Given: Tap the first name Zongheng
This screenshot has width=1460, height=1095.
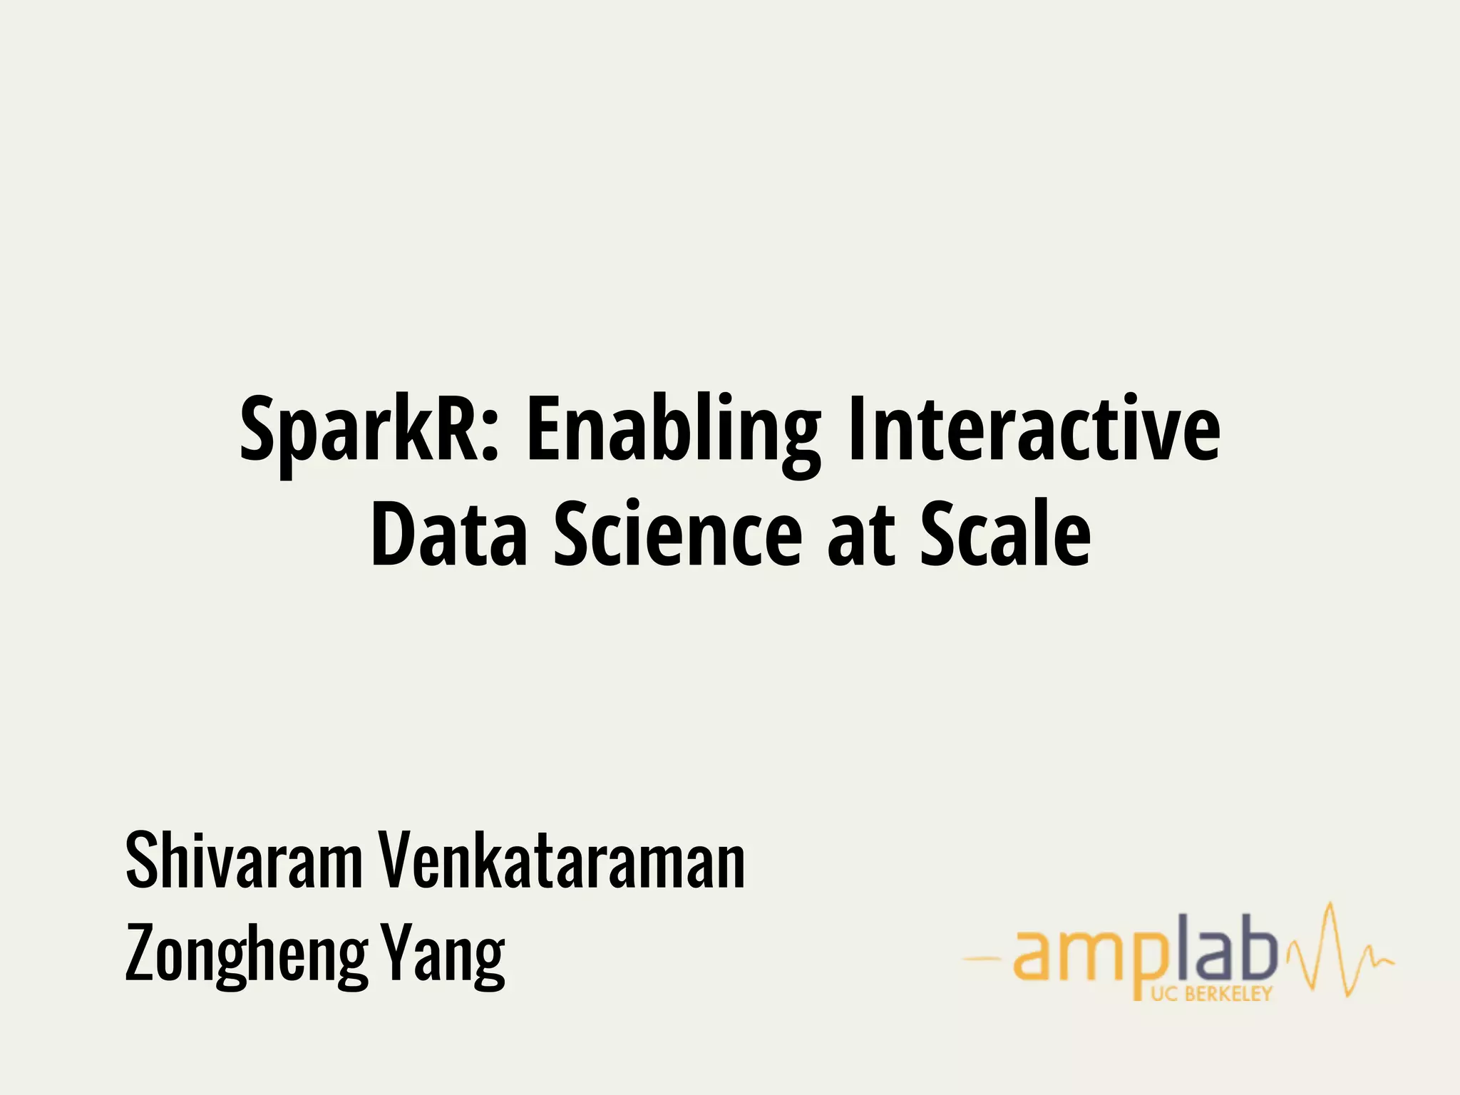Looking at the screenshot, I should tap(246, 954).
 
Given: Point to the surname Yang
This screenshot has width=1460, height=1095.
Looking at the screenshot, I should tap(442, 954).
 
